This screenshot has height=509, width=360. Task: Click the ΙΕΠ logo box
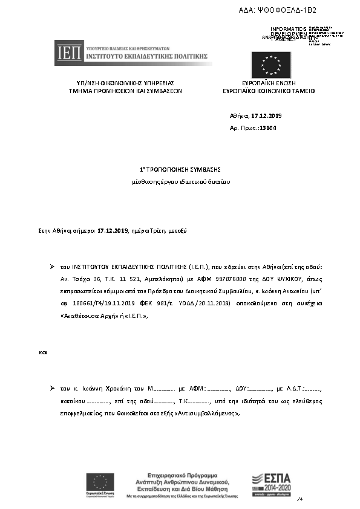click(x=65, y=53)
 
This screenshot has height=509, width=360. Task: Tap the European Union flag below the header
click(x=271, y=65)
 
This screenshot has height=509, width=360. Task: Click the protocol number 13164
click(x=267, y=128)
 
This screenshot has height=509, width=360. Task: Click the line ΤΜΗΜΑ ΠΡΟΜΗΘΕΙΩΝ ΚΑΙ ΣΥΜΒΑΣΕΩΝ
click(x=125, y=91)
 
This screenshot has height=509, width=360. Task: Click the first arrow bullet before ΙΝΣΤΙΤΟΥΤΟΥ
click(x=53, y=266)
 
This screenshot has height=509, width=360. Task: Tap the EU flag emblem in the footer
click(x=100, y=482)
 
